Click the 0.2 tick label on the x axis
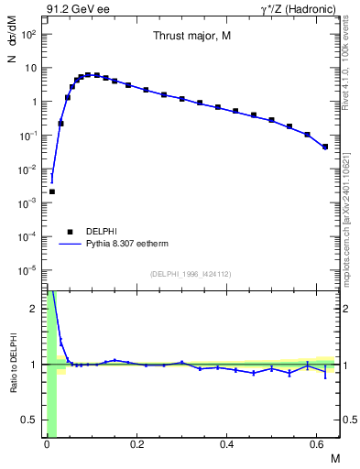(x=137, y=444)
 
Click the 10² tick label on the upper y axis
(x=28, y=35)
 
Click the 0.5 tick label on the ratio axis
(x=30, y=420)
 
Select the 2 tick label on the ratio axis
(x=35, y=309)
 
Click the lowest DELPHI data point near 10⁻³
(x=52, y=191)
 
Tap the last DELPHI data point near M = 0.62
(x=325, y=147)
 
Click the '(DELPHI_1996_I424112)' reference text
(x=191, y=274)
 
